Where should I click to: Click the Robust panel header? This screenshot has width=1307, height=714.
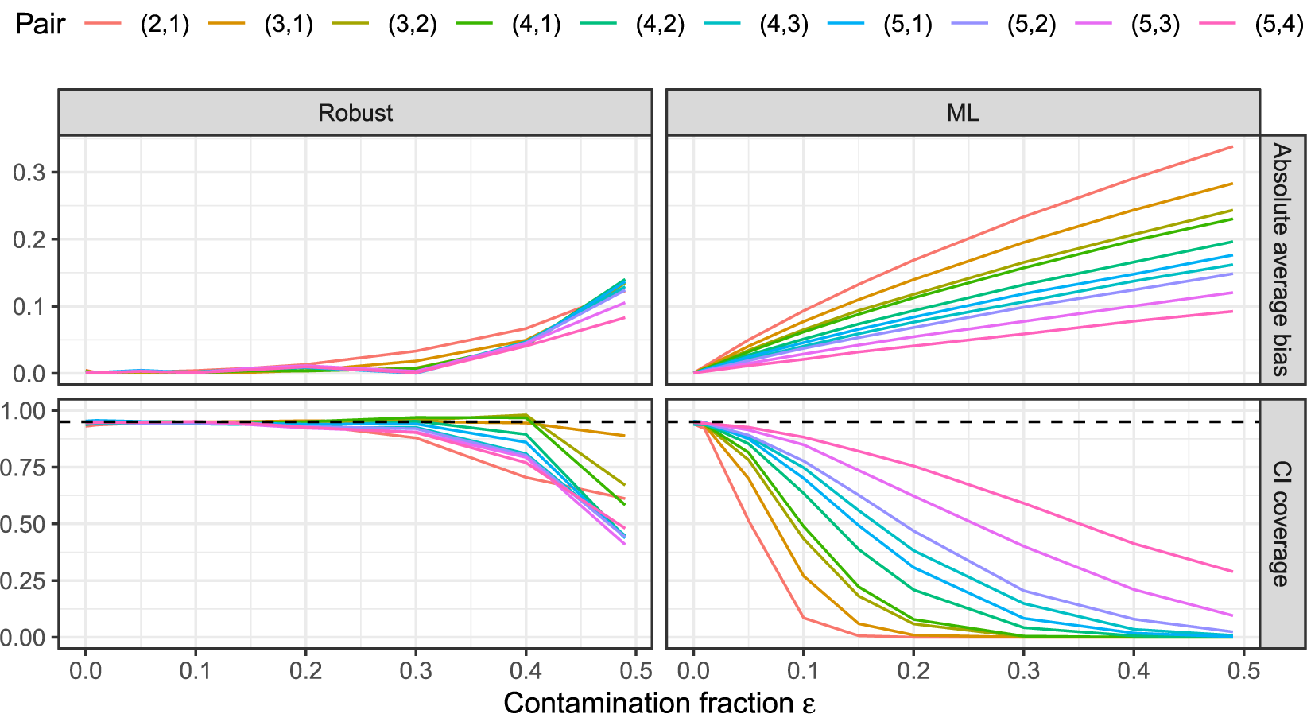[x=355, y=113]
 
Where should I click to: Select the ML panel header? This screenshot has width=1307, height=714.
[x=962, y=113]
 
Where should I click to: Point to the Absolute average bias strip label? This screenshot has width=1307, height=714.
[x=1282, y=259]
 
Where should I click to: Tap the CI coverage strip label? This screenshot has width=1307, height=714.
[x=1282, y=523]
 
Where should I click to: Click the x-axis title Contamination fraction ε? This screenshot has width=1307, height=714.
[x=659, y=703]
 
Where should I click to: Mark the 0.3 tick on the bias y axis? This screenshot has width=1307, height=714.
[x=29, y=173]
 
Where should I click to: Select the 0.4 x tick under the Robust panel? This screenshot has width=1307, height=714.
[x=526, y=671]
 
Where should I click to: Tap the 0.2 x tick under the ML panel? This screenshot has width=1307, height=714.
[x=913, y=671]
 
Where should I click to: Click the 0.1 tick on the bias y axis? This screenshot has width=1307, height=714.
[x=29, y=307]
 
